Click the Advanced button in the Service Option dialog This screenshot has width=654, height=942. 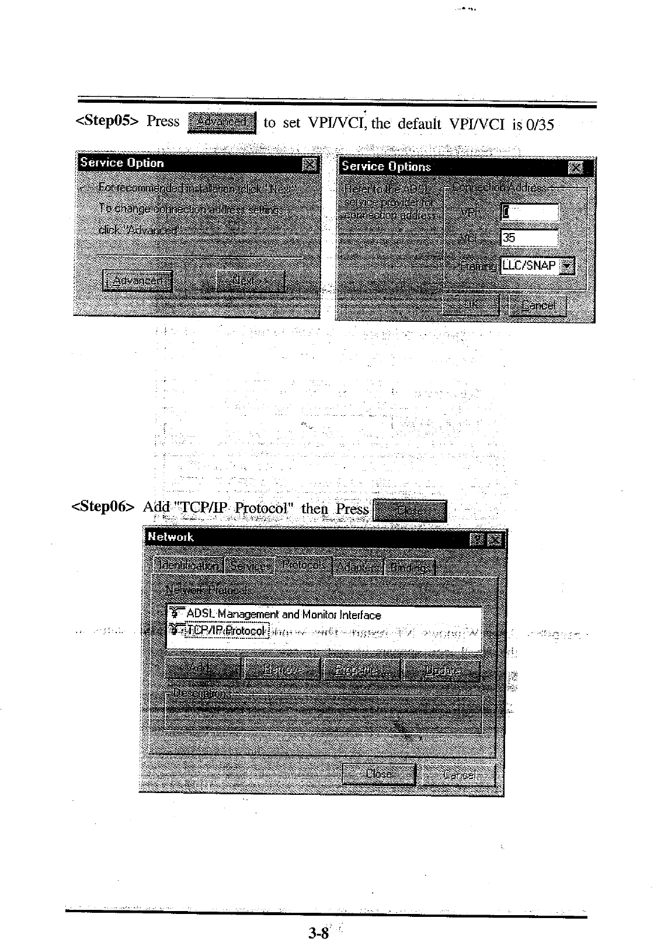137,281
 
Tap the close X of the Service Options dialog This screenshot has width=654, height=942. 575,168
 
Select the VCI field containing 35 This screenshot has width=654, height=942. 529,238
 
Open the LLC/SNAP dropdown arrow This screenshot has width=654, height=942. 567,266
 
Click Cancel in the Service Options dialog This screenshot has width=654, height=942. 537,305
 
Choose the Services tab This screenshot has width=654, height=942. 250,565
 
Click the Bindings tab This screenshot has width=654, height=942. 411,567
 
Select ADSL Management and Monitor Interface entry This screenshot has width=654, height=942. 283,614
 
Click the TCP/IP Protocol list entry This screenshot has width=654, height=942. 225,630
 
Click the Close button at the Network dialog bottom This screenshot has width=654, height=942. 378,774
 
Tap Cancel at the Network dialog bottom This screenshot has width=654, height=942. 459,776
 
